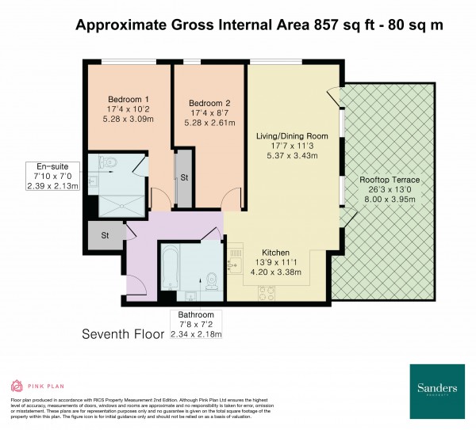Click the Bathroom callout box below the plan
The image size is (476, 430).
(x=196, y=325)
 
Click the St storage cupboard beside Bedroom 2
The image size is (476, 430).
(x=184, y=177)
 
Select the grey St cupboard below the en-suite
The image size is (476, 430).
(x=104, y=234)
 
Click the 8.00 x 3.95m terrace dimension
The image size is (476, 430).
(x=389, y=201)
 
